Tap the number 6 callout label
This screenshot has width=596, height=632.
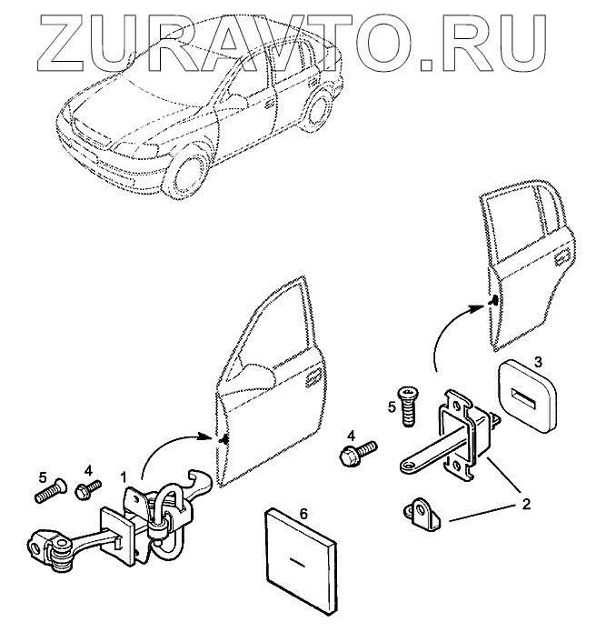pos(304,515)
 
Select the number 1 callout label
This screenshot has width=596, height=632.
pos(124,477)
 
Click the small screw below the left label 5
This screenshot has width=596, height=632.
pos(50,492)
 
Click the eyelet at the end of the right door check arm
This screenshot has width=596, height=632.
pos(406,467)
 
